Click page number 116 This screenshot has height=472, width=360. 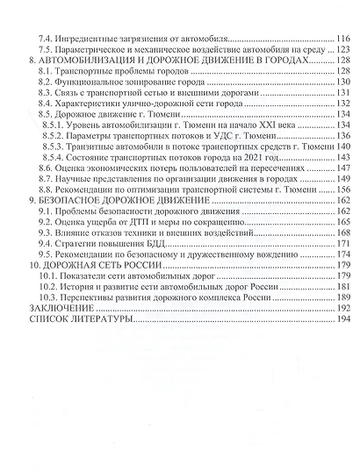(x=342, y=39)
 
